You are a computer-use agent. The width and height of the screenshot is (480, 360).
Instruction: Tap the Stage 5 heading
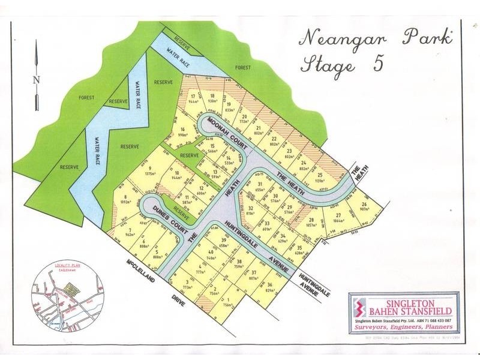tap(342, 64)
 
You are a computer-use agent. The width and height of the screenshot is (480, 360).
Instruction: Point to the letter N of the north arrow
tap(36, 80)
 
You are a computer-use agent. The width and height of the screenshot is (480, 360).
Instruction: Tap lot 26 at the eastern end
tap(364, 206)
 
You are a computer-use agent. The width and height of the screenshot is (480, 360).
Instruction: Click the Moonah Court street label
tap(223, 132)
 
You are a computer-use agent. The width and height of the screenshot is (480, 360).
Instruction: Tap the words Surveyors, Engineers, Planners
tap(403, 329)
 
